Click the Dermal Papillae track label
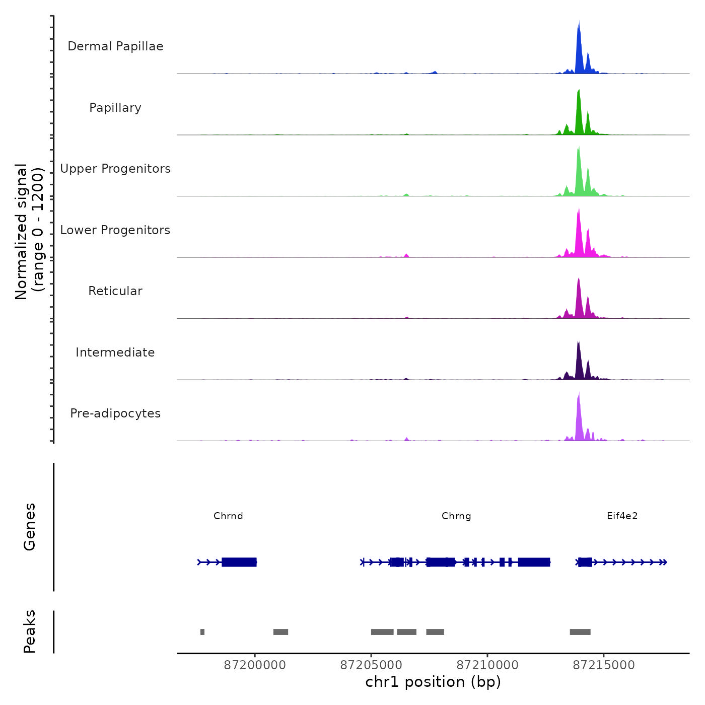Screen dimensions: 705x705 [x=115, y=46]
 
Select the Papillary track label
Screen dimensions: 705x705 [x=115, y=108]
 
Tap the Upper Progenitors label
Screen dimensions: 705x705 [x=115, y=169]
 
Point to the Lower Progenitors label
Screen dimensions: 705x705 [x=115, y=230]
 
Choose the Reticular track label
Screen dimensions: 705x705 [x=115, y=291]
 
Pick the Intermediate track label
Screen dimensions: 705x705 [x=115, y=352]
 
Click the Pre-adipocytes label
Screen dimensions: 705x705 [x=115, y=413]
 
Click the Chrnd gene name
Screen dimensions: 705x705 [x=228, y=516]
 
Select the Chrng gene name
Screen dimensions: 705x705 [x=456, y=516]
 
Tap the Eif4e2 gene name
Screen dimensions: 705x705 [x=622, y=516]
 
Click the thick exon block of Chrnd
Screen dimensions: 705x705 [x=239, y=562]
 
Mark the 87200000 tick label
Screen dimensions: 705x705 [x=255, y=665]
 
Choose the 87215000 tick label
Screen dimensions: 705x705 [x=604, y=665]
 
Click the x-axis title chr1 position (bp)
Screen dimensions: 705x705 [x=433, y=682]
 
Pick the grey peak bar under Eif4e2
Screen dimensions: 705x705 [x=580, y=632]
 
